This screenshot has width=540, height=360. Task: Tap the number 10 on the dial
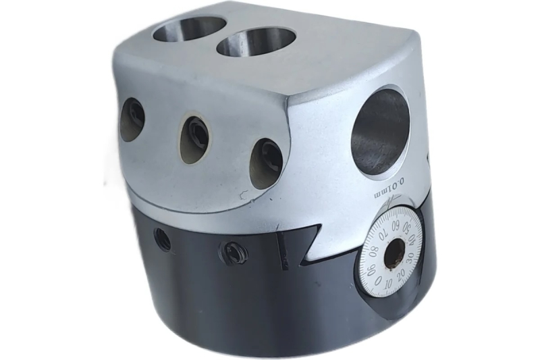click(x=389, y=284)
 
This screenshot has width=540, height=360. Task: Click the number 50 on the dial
click(x=407, y=228)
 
